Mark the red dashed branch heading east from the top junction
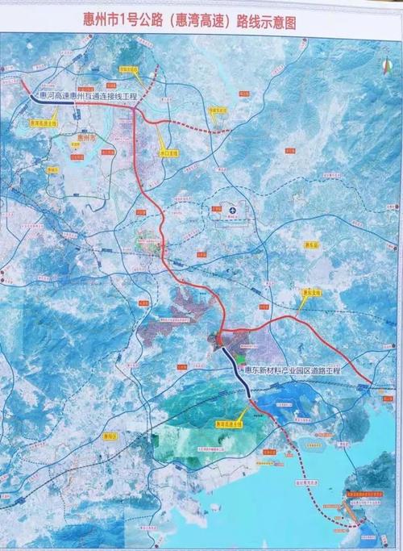[x=201, y=127]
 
